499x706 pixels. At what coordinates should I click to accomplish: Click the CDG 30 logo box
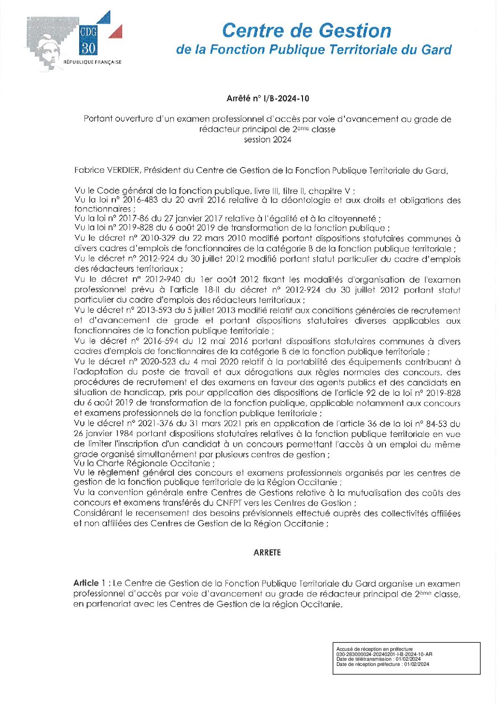[88, 40]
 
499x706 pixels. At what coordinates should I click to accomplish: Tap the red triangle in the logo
[116, 32]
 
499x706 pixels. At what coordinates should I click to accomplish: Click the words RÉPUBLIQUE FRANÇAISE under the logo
[92, 62]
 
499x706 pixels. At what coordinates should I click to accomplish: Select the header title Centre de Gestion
[306, 31]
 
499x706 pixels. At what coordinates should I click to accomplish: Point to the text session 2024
[267, 139]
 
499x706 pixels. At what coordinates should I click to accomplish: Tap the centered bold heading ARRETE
[267, 553]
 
